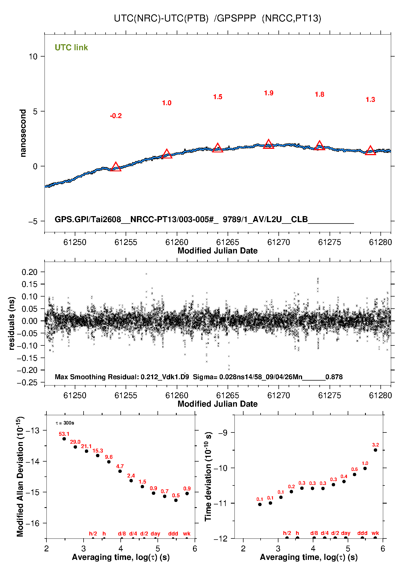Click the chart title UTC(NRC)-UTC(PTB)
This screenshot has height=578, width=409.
tap(161, 18)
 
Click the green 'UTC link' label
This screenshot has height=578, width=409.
tap(71, 48)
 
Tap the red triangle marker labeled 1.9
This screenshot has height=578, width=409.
tap(269, 144)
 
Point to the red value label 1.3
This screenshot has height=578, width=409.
tap(370, 100)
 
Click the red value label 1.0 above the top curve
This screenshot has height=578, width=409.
tap(167, 103)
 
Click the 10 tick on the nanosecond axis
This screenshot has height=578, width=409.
tap(33, 57)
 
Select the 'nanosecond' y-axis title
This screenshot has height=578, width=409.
tap(23, 133)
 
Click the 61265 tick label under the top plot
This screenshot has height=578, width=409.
tap(228, 242)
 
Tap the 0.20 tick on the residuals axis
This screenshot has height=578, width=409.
tap(29, 272)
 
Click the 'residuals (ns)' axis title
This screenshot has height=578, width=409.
tap(12, 323)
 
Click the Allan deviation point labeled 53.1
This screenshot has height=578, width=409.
tap(64, 439)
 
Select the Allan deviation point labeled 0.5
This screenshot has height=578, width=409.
tap(176, 500)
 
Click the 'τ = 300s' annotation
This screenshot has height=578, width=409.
tap(65, 423)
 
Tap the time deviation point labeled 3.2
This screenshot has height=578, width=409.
tap(375, 450)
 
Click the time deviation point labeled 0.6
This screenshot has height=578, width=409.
tap(355, 474)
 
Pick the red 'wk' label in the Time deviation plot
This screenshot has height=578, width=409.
tap(375, 533)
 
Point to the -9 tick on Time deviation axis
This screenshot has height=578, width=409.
tap(223, 433)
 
